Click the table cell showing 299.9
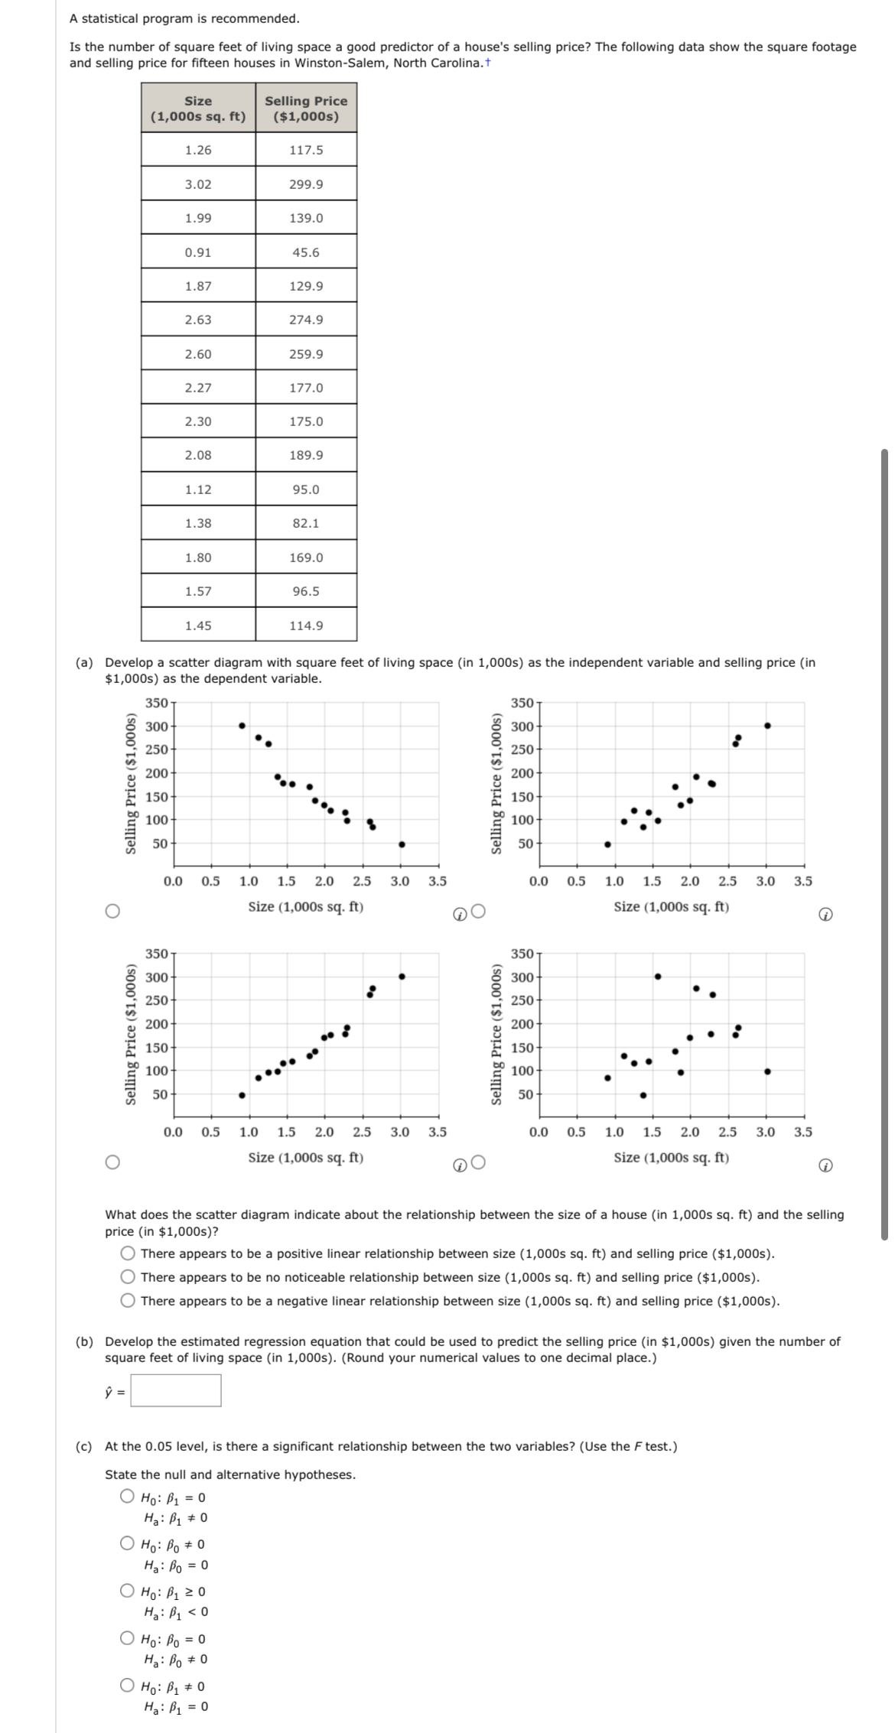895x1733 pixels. coord(306,184)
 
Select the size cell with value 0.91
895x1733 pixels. coord(198,252)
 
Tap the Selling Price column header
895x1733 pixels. coord(306,109)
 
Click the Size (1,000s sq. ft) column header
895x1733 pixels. coord(198,109)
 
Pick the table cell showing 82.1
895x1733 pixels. coord(306,523)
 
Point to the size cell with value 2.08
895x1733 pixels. coord(198,455)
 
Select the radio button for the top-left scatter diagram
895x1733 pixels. coord(112,911)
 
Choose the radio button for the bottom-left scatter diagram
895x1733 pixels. coord(112,1162)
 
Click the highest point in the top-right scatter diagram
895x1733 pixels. coord(767,725)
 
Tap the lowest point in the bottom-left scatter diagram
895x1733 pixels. coord(242,1095)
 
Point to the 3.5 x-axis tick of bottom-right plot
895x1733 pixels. coord(803,1132)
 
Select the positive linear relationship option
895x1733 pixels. coord(128,1253)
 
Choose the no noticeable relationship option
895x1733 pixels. coord(128,1277)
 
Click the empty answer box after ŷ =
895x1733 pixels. coord(176,1390)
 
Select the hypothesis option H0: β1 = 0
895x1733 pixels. coord(128,1497)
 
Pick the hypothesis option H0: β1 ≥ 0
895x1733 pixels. coord(128,1591)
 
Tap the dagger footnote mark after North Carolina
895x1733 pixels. coord(487,62)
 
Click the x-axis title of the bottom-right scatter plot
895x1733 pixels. coord(671,1158)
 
